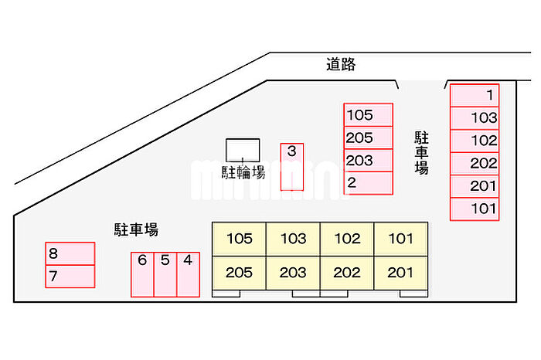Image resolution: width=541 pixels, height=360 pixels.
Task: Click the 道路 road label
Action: (341, 65)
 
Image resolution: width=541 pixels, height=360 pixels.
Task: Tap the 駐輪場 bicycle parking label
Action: (243, 172)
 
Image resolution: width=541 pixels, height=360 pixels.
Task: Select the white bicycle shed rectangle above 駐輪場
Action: (243, 149)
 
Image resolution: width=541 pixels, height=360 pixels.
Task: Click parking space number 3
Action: (291, 166)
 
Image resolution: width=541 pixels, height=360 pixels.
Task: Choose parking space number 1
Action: (475, 95)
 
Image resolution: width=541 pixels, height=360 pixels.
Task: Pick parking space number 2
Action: (368, 183)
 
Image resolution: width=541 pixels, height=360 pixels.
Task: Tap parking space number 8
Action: (70, 253)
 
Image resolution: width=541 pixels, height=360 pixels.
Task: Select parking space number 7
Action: (70, 276)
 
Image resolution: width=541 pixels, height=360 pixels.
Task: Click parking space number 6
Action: (142, 274)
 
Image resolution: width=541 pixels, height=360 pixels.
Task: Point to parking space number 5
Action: (165, 274)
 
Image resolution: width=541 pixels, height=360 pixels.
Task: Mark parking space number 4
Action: (188, 274)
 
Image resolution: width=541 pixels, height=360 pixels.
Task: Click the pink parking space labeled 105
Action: (368, 115)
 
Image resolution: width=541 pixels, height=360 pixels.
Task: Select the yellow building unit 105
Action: (240, 239)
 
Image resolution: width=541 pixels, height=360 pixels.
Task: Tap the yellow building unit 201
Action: (400, 273)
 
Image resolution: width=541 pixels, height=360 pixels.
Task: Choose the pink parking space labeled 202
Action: (475, 164)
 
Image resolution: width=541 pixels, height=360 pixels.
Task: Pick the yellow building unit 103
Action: (293, 239)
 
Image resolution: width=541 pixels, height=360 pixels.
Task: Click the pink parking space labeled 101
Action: (475, 209)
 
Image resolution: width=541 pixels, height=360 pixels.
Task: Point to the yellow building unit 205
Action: (240, 273)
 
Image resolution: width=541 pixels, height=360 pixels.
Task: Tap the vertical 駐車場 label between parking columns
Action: (421, 153)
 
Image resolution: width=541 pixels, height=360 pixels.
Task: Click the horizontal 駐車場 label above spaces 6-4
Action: (136, 229)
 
